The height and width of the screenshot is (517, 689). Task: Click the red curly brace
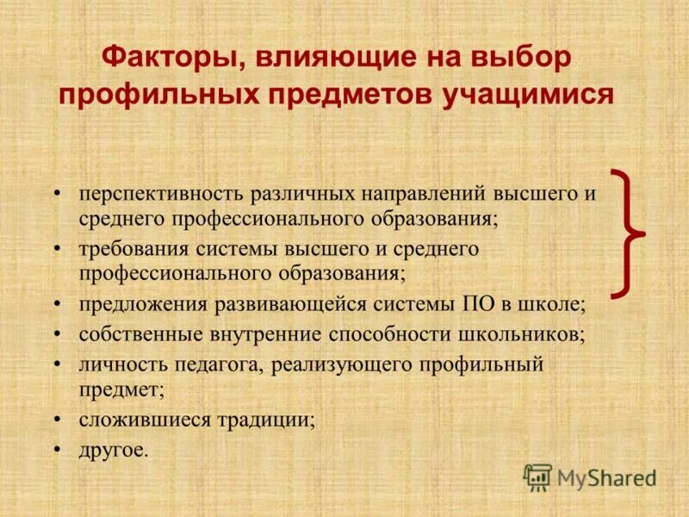pos(630,233)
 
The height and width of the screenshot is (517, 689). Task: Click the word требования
pos(133,249)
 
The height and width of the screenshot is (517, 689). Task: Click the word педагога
pos(215,364)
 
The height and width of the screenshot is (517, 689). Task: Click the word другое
pos(114,449)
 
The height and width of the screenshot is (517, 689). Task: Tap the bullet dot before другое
pos(57,449)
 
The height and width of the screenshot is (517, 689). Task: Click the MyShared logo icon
pos(538,477)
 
